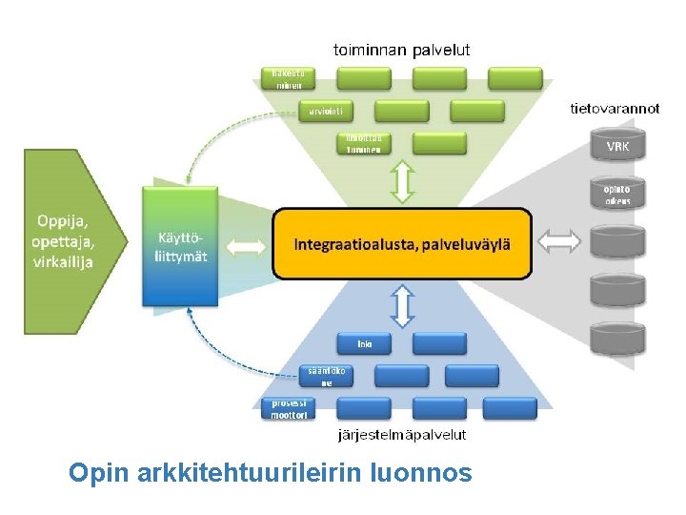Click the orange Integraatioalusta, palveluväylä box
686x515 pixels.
point(401,243)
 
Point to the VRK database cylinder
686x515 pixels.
point(617,147)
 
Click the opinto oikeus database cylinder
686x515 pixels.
point(617,195)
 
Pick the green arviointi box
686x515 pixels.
point(326,111)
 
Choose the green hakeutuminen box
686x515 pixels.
point(288,78)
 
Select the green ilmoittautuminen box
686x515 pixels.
point(364,143)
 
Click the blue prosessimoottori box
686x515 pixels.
point(288,409)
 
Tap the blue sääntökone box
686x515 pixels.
point(326,376)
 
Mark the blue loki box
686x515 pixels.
point(364,343)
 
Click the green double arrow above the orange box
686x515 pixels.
point(403,181)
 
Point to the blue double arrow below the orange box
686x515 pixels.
point(403,304)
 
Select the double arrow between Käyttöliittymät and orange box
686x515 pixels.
point(247,246)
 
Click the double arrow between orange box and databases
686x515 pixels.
point(558,242)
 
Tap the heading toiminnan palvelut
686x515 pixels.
point(401,49)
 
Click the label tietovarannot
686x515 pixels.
point(615,108)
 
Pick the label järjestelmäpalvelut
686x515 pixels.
point(403,435)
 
